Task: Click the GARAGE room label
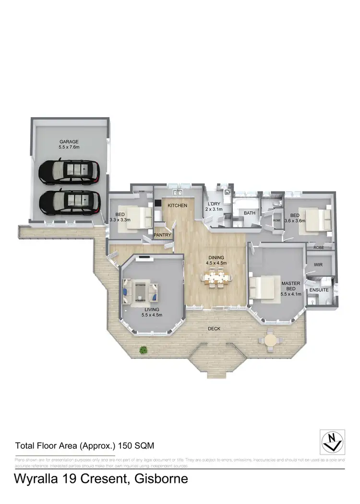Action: (x=69, y=142)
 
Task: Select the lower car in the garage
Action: (x=70, y=202)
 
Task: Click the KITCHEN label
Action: (x=177, y=205)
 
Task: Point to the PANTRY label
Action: (x=163, y=235)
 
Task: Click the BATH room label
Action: (x=250, y=213)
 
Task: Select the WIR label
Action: (x=318, y=264)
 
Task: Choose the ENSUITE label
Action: (x=319, y=290)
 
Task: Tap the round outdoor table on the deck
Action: (x=272, y=340)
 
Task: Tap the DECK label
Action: (x=214, y=329)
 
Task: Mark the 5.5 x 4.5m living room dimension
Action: (x=152, y=315)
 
